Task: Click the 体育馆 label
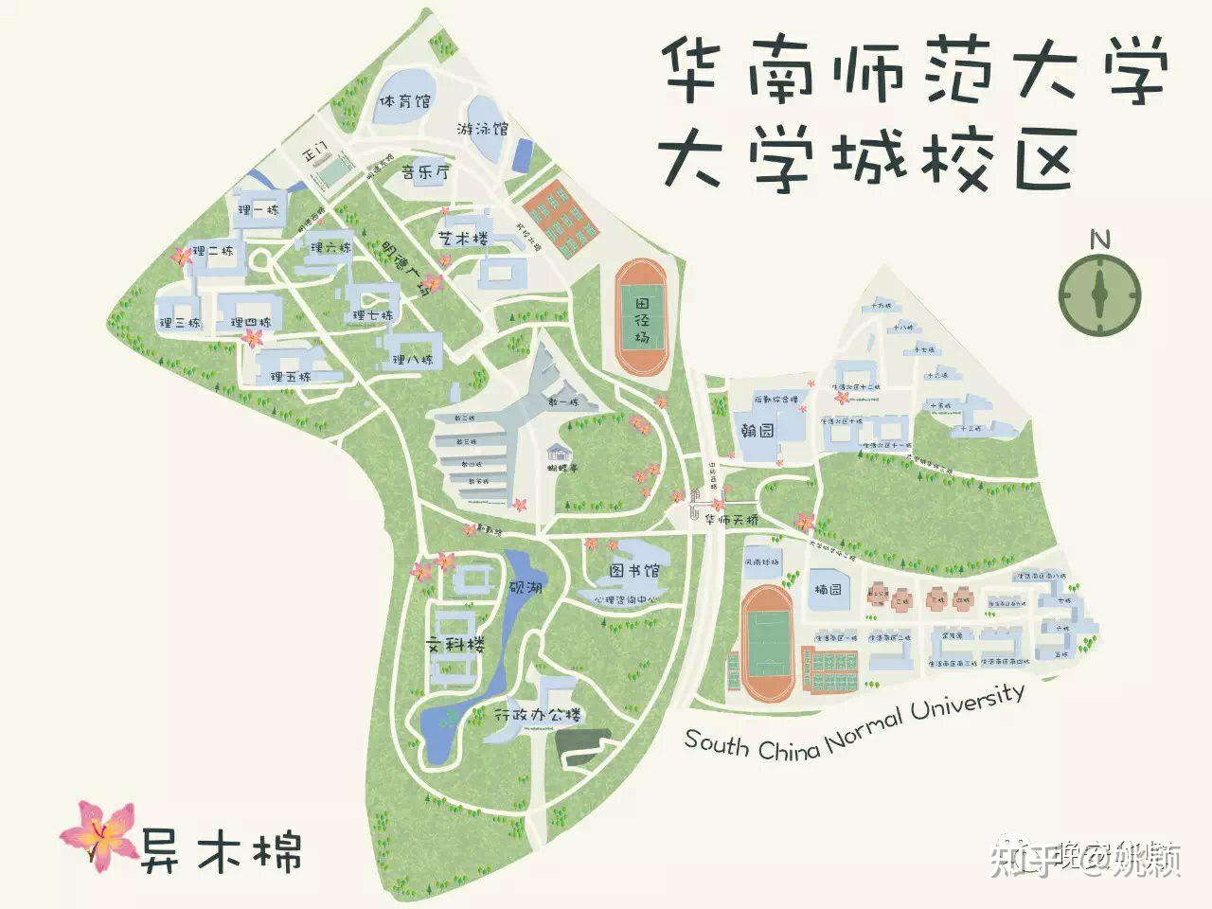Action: pyautogui.click(x=404, y=100)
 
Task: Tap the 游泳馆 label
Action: pyautogui.click(x=483, y=128)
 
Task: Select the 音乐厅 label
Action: pyautogui.click(x=424, y=173)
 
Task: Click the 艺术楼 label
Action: pyautogui.click(x=463, y=239)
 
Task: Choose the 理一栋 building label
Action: pyautogui.click(x=258, y=210)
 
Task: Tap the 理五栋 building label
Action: pyautogui.click(x=291, y=376)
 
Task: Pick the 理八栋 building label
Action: pyautogui.click(x=412, y=360)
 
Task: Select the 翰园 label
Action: pyautogui.click(x=757, y=431)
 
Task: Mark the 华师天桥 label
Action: pyautogui.click(x=732, y=520)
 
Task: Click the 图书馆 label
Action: pyautogui.click(x=633, y=571)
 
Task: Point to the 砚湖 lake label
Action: pyautogui.click(x=526, y=588)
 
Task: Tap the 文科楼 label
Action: pyautogui.click(x=454, y=646)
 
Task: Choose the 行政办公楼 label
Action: pyautogui.click(x=537, y=716)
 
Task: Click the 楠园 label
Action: pyautogui.click(x=829, y=589)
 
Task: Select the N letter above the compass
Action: pyautogui.click(x=1099, y=239)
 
